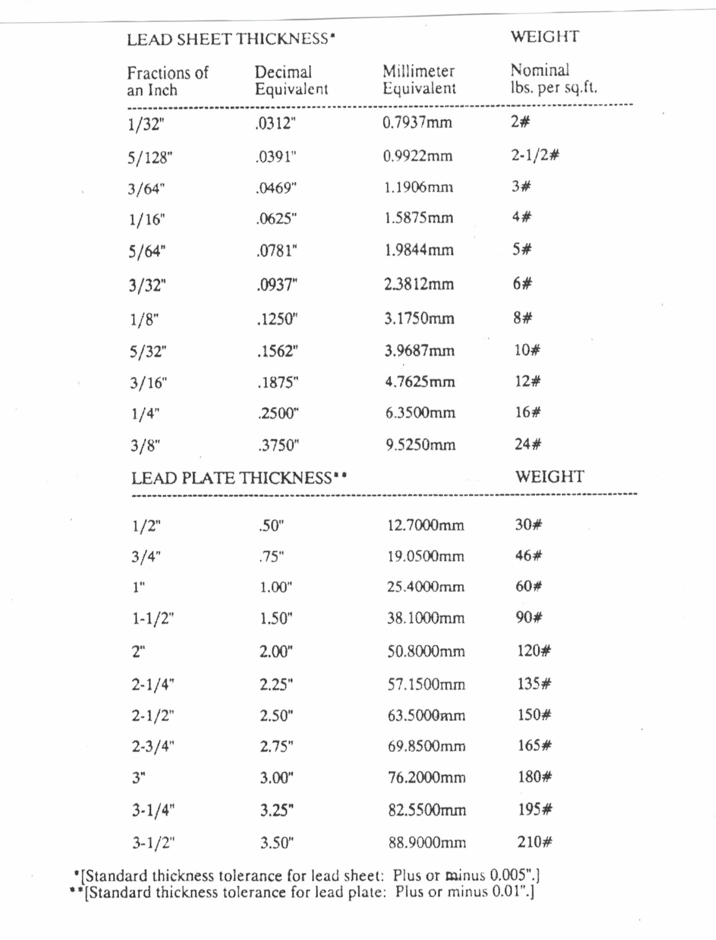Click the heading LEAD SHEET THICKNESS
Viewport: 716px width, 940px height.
pyautogui.click(x=231, y=39)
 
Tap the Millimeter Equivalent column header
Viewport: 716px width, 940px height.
pyautogui.click(x=419, y=80)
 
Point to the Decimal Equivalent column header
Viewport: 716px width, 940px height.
pyautogui.click(x=291, y=80)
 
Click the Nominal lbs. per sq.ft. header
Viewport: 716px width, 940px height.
pyautogui.click(x=553, y=78)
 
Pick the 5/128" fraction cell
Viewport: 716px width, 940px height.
pyautogui.click(x=150, y=158)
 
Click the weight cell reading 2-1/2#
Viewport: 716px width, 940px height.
pyautogui.click(x=535, y=155)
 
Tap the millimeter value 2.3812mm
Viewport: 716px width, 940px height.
pyautogui.click(x=418, y=284)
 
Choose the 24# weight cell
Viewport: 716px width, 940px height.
pyautogui.click(x=527, y=444)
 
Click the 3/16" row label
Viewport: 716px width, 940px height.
pyautogui.click(x=149, y=382)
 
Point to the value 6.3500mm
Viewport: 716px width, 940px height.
pyautogui.click(x=420, y=413)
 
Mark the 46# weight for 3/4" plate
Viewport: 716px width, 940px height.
pyautogui.click(x=528, y=555)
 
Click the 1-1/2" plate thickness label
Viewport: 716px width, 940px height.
pyautogui.click(x=153, y=619)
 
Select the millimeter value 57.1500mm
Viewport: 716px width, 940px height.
pyautogui.click(x=426, y=684)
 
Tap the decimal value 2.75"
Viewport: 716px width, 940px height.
pyautogui.click(x=276, y=746)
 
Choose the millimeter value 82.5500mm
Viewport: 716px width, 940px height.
pyautogui.click(x=427, y=810)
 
